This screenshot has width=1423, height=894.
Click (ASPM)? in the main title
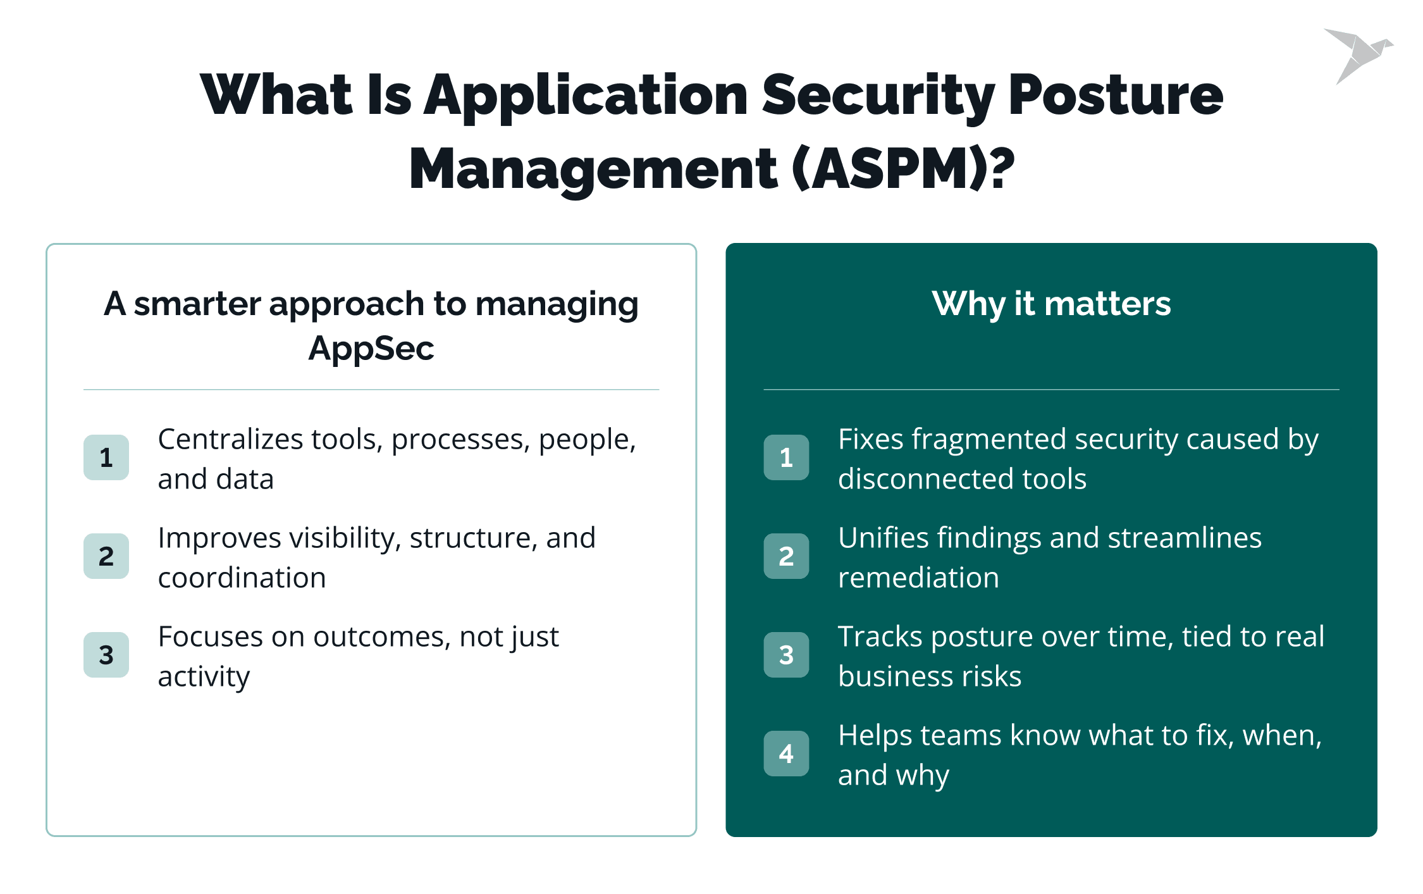pos(903,169)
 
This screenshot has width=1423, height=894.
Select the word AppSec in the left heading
pos(371,349)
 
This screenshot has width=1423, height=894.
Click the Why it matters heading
pos(1051,304)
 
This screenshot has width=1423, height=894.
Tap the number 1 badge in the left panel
pos(106,457)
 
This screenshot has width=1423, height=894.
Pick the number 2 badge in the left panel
pos(106,556)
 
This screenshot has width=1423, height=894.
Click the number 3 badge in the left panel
pos(106,655)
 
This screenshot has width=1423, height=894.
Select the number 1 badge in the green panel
pos(786,457)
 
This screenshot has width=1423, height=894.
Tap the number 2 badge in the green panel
pos(786,556)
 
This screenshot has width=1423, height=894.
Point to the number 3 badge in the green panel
pos(786,655)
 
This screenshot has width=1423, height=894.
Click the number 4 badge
pos(786,754)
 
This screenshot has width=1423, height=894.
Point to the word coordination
pos(242,578)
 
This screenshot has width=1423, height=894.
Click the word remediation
pos(918,578)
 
